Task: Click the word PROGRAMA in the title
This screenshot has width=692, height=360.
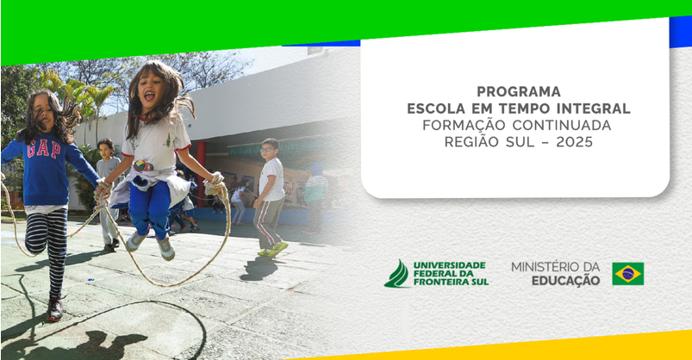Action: point(519,91)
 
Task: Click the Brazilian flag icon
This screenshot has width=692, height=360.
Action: point(627,274)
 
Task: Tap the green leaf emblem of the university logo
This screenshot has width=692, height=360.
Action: point(397,275)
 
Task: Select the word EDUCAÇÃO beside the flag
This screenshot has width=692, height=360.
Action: point(565,280)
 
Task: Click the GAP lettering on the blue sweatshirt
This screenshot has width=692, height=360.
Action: point(43,149)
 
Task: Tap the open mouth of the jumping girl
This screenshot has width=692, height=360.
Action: point(150,96)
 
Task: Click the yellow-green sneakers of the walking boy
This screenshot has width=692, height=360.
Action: point(272,250)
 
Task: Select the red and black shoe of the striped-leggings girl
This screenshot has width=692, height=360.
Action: point(55,309)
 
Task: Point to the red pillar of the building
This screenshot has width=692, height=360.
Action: point(201,173)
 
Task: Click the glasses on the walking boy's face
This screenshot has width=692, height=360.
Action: point(267,150)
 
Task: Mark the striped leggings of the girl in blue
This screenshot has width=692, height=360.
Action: point(47,248)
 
